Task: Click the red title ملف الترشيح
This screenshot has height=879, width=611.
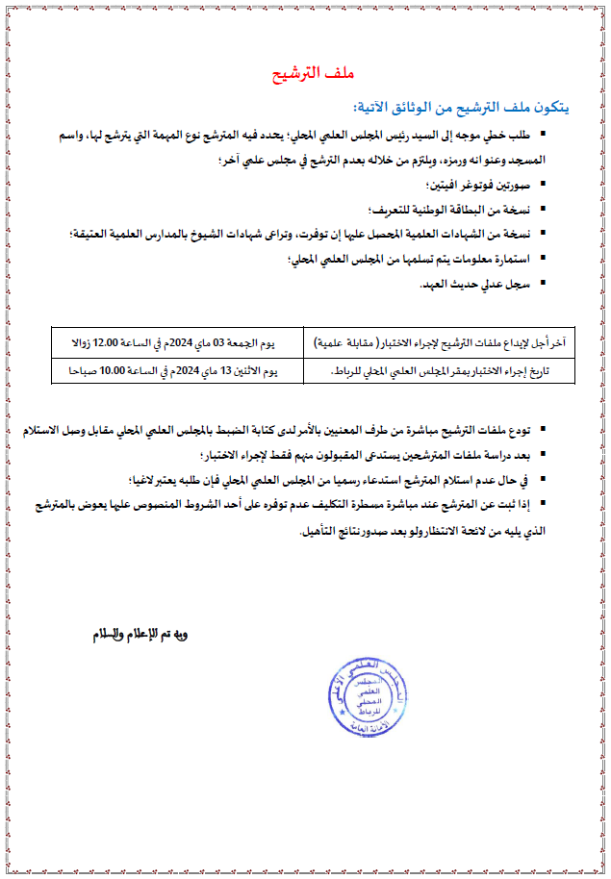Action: pos(304,75)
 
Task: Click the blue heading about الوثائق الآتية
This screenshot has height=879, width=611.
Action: pos(457,106)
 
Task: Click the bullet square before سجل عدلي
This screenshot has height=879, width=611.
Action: pos(542,283)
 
